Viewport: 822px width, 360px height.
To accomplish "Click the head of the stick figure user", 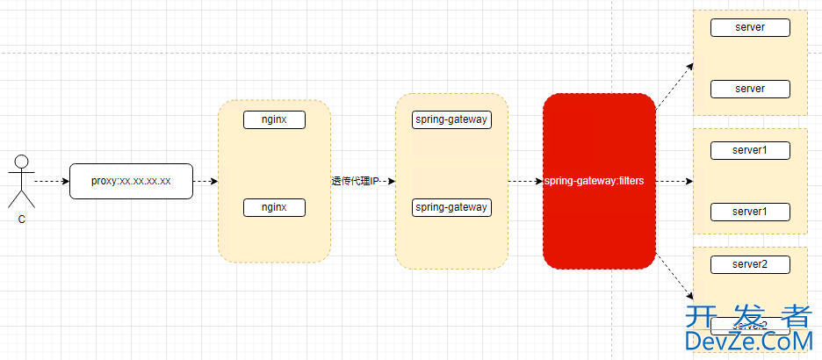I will point(22,162).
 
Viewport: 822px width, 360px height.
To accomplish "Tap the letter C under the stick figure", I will point(22,220).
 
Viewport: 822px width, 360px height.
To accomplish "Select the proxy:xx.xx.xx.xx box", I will point(131,181).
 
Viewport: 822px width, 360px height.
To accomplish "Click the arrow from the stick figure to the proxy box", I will point(52,182).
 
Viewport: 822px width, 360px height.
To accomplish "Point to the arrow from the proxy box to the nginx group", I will point(205,182).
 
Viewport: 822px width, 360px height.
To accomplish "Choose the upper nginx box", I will point(274,119).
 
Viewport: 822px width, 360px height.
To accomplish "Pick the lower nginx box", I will point(274,207).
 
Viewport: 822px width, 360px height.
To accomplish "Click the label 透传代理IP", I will point(356,181).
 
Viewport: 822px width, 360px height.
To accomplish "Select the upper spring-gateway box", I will point(451,119).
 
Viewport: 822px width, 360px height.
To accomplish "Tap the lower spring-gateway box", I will point(451,207).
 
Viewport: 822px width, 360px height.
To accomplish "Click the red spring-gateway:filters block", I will point(599,181).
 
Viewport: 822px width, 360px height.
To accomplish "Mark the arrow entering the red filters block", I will point(525,182).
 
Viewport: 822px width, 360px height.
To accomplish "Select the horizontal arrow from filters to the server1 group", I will point(674,182).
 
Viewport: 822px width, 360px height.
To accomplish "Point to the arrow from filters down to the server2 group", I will point(674,279).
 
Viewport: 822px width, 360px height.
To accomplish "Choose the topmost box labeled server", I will point(750,27).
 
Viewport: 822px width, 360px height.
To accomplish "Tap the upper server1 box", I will point(750,150).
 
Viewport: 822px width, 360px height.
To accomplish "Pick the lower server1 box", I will point(750,212).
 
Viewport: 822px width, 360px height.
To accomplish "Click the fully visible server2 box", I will point(750,264).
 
